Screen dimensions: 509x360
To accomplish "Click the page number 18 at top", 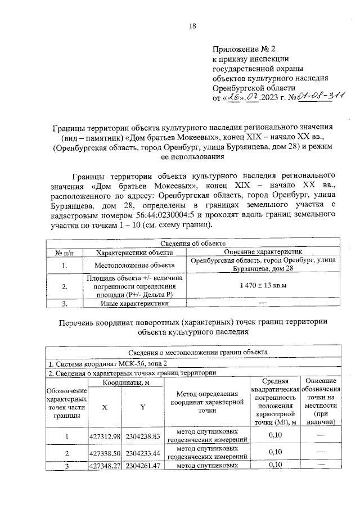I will (x=192, y=25).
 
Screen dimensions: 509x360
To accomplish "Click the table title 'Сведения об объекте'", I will (x=191, y=243).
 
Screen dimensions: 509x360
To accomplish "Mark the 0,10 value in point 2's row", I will (x=275, y=452).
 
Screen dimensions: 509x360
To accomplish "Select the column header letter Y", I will (x=143, y=407).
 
